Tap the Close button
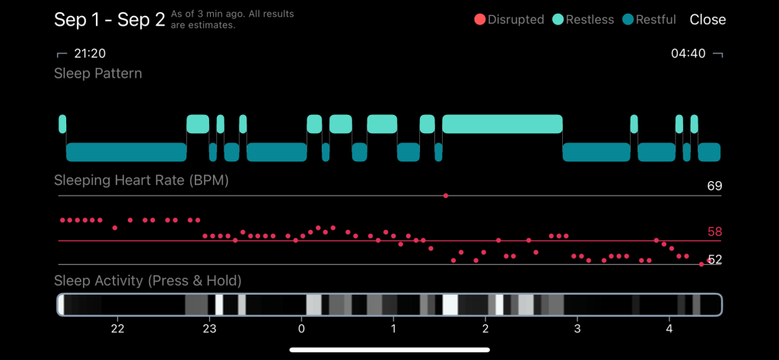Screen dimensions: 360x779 pyautogui.click(x=707, y=20)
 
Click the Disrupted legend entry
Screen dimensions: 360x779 pyautogui.click(x=509, y=20)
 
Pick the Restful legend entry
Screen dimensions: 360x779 pyautogui.click(x=649, y=20)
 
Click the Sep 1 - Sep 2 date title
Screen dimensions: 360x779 pyautogui.click(x=110, y=20)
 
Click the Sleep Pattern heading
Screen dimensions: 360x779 pyautogui.click(x=98, y=74)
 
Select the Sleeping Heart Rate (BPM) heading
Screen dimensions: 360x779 pyautogui.click(x=141, y=181)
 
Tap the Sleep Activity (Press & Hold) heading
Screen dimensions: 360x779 pyautogui.click(x=148, y=281)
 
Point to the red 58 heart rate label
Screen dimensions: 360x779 pyautogui.click(x=714, y=232)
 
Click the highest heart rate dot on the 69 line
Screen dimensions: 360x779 pyautogui.click(x=446, y=196)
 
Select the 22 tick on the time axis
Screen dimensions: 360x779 pyautogui.click(x=116, y=329)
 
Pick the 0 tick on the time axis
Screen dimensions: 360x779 pyautogui.click(x=301, y=329)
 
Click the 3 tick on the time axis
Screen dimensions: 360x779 pyautogui.click(x=577, y=329)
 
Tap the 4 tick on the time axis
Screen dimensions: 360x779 pyautogui.click(x=669, y=329)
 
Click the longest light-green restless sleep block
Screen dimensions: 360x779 pyautogui.click(x=502, y=124)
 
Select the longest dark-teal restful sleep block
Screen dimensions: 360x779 pyautogui.click(x=126, y=152)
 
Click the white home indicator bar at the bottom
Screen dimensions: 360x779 pyautogui.click(x=389, y=350)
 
